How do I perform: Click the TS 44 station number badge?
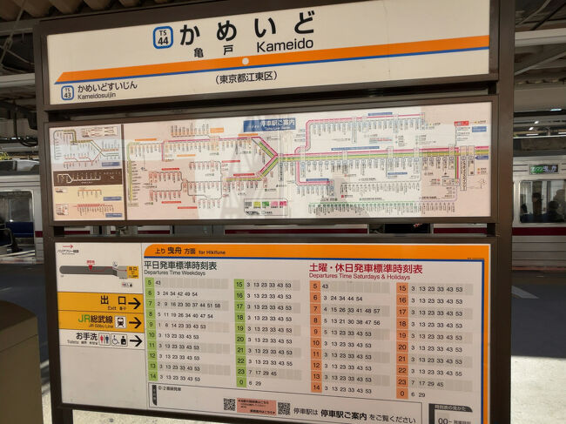coord(163,37)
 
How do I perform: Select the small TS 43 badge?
coord(66,91)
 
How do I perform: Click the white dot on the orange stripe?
coord(245,62)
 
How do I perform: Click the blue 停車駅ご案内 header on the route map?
coord(269,125)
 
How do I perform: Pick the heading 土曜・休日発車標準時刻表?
coord(365,269)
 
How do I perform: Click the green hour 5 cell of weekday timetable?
coord(150,283)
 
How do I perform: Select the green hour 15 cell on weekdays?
coord(239,284)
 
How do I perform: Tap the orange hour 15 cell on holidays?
coord(402,288)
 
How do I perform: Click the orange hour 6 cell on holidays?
coord(316,298)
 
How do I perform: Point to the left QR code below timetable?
coord(229,405)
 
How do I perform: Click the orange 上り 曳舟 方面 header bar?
coord(313,251)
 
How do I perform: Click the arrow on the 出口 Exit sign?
coord(134,303)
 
